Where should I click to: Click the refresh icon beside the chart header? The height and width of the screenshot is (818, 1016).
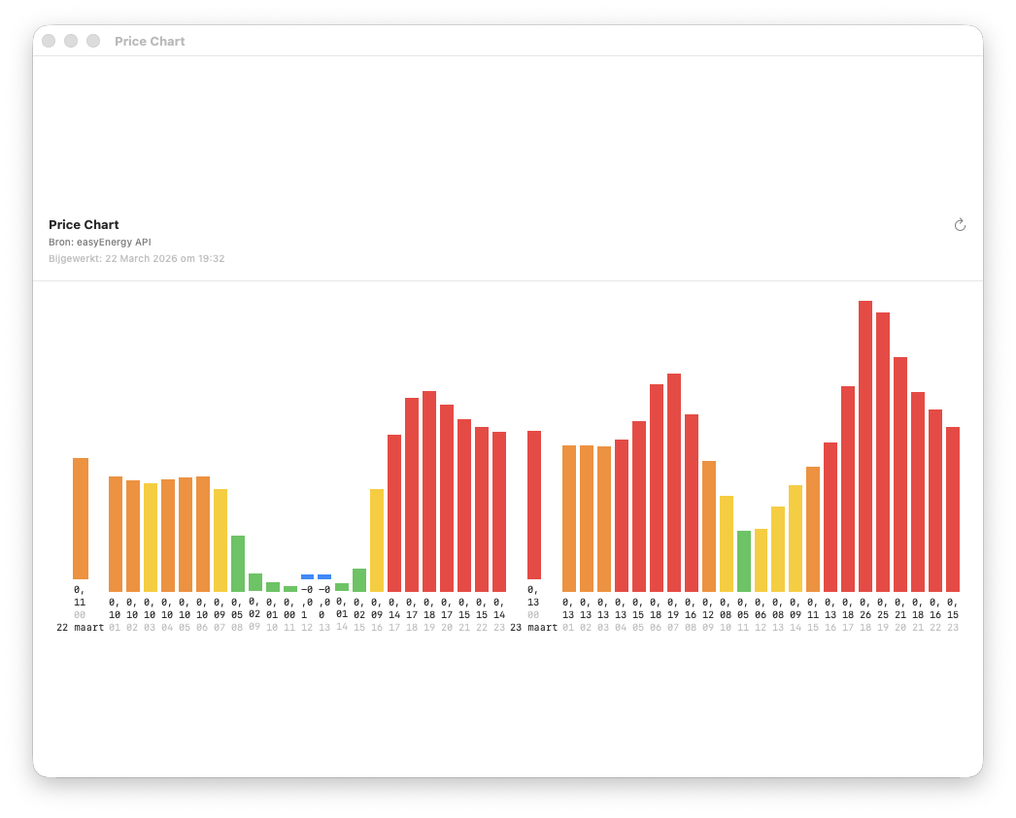[960, 225]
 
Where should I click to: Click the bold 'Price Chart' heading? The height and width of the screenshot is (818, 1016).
[84, 225]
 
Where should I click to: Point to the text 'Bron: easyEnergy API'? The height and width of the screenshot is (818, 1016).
[99, 242]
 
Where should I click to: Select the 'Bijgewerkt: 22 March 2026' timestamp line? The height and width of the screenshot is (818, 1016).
[136, 259]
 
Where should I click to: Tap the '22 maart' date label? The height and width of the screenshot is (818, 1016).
[80, 628]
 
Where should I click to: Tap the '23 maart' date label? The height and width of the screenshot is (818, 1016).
[534, 628]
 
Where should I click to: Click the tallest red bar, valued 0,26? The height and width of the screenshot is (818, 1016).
[865, 446]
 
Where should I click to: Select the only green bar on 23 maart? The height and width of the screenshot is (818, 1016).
[744, 561]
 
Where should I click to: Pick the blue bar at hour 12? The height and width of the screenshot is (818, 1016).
[307, 576]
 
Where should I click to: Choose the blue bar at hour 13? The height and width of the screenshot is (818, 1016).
[324, 576]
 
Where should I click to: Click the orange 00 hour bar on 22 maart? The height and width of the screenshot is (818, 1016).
[81, 518]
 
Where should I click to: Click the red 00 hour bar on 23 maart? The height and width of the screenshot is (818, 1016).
[534, 505]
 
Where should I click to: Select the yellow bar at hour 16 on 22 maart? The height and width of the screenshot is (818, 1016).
[377, 540]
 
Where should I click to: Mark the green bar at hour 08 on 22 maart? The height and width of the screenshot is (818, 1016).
[238, 563]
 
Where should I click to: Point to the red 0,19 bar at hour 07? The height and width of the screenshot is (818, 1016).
[674, 482]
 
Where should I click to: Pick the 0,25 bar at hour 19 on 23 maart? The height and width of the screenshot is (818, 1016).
[883, 452]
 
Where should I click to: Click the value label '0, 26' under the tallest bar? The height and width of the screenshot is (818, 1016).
[865, 608]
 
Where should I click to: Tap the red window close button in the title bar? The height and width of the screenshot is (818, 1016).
[49, 41]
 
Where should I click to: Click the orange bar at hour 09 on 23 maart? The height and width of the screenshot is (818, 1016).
[709, 526]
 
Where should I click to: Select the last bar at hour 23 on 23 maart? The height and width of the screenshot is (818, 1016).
[953, 509]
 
